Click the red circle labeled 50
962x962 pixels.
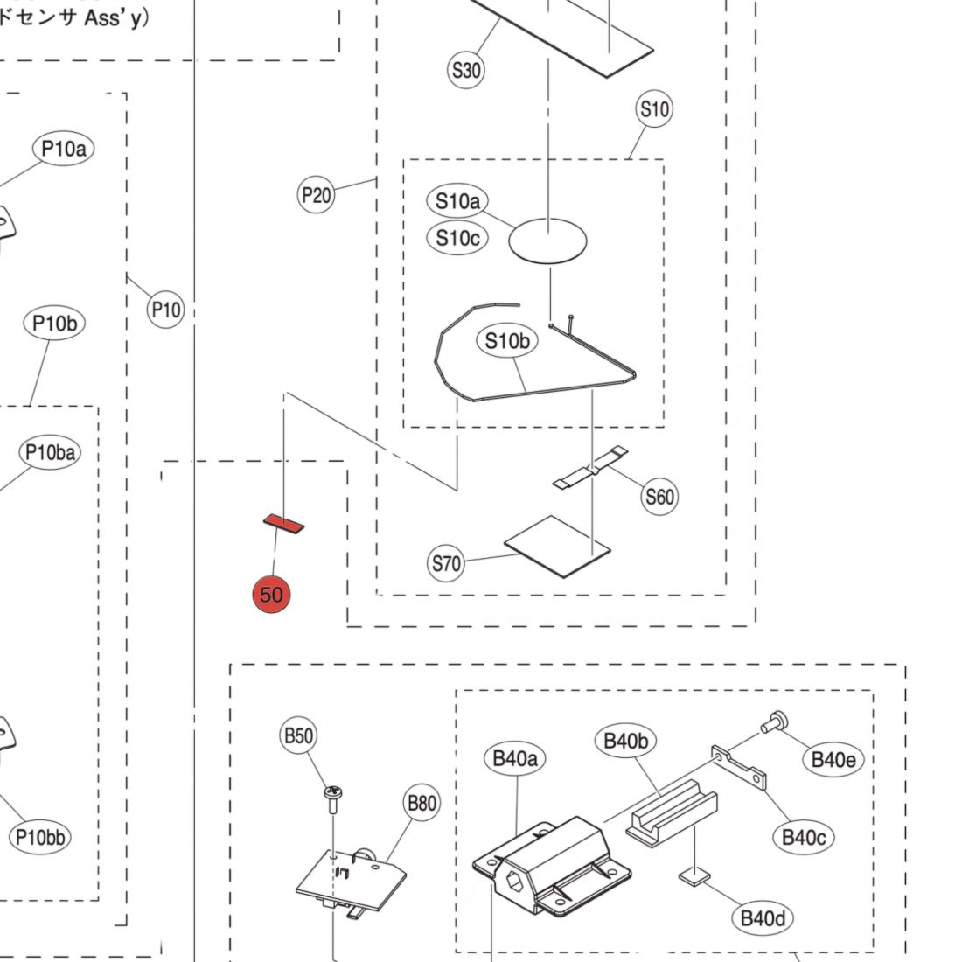271,595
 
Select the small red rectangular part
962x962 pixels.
284,523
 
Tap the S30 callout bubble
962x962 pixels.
466,70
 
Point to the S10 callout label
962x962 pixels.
654,109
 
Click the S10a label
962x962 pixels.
458,201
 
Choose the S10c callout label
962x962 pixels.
458,238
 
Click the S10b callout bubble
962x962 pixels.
507,341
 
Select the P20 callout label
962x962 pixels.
317,194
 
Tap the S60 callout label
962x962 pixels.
659,497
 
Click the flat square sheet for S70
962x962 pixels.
557,546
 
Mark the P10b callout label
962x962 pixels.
54,324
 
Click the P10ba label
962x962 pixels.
50,452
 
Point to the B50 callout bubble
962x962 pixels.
298,735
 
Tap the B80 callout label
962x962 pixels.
422,803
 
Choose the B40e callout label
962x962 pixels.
833,760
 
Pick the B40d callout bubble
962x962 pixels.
763,918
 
